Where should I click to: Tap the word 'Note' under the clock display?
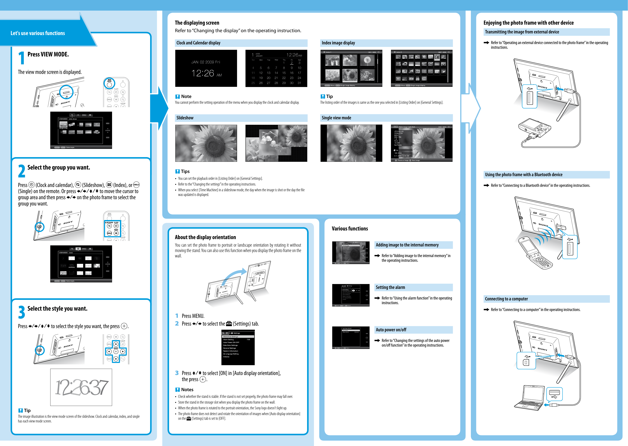(x=186, y=96)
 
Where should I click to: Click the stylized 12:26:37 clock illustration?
(x=81, y=387)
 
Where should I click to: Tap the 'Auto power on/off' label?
(x=391, y=330)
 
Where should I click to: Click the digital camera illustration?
(x=534, y=129)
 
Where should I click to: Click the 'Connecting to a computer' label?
(x=506, y=299)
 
